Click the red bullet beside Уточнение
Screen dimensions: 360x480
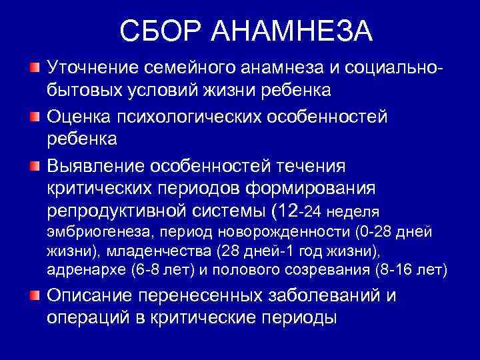point(34,67)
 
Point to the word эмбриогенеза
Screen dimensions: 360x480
point(87,233)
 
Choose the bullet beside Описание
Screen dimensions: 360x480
point(34,295)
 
